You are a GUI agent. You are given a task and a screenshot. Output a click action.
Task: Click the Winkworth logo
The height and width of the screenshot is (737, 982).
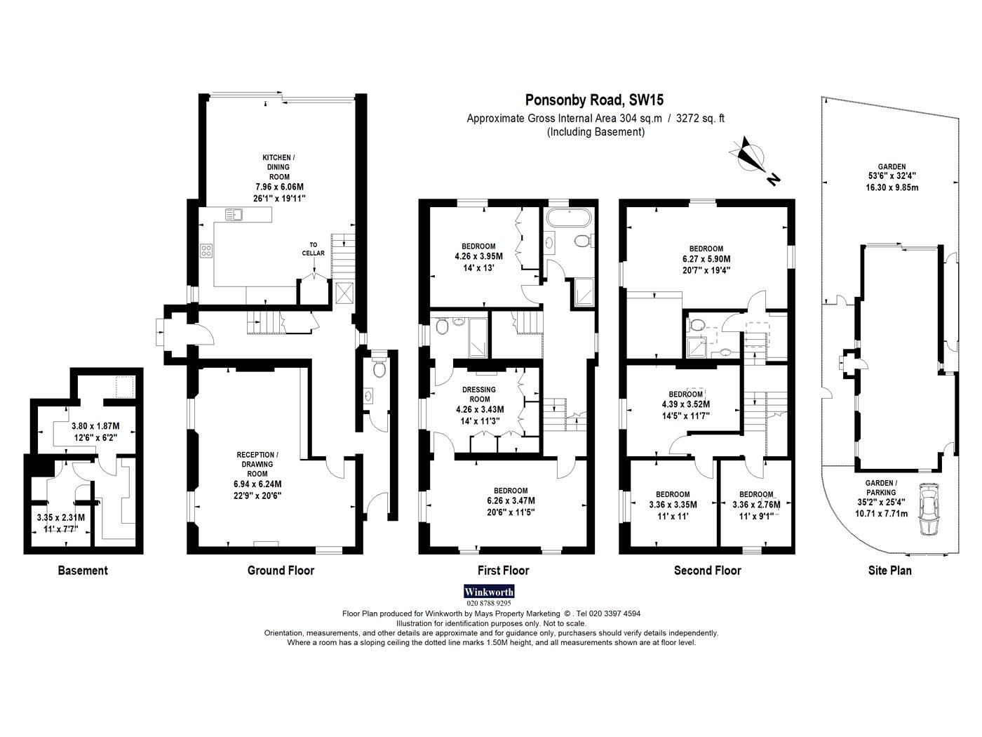[488, 592]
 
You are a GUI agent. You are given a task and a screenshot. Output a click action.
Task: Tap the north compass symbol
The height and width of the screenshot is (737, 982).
[754, 160]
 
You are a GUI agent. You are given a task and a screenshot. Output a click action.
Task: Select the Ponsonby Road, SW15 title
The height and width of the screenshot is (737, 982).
[594, 100]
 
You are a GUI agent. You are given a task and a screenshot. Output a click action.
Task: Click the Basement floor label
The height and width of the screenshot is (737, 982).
[83, 571]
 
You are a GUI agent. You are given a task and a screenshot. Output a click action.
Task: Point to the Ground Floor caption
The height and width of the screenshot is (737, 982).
[281, 571]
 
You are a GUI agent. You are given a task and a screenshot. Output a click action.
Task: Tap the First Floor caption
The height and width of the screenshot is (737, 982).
[504, 571]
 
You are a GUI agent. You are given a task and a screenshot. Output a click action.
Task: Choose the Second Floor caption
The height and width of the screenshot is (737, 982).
[707, 571]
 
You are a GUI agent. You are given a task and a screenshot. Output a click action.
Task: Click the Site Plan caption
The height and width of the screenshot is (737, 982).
[890, 571]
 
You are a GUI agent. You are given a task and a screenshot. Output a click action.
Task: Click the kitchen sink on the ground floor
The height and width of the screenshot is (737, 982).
[234, 215]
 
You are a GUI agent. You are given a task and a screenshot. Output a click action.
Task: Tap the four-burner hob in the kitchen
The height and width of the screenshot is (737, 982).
[206, 251]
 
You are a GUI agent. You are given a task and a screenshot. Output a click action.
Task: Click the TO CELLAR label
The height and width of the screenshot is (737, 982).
[313, 248]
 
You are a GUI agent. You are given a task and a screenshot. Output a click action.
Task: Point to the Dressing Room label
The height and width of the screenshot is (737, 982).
[479, 394]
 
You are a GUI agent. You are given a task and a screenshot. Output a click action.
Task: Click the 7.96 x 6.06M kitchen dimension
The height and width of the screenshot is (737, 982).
[279, 187]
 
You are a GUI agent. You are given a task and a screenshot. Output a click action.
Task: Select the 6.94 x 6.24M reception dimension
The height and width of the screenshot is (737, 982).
[257, 484]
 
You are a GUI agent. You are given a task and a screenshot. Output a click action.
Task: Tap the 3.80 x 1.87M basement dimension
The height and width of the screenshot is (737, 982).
[95, 427]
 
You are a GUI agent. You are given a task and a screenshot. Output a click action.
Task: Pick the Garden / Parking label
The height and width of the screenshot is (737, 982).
[881, 488]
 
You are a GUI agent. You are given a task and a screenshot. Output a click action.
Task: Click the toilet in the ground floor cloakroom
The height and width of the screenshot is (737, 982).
[379, 368]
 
